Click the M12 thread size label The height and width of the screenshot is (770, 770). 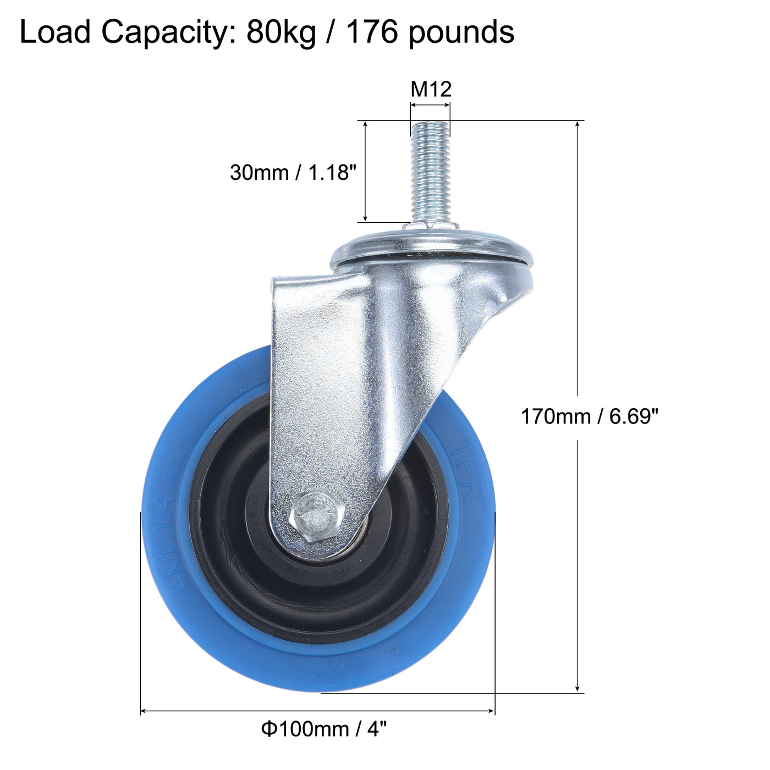(431, 89)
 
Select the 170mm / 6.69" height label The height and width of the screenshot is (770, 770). (589, 416)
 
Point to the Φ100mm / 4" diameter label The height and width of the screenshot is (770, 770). (324, 729)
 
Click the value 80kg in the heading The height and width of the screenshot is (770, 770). (281, 32)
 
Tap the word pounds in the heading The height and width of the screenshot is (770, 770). (461, 32)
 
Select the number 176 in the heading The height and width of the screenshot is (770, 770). (372, 32)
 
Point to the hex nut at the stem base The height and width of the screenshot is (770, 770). (431, 227)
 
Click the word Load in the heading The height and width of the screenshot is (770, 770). (55, 32)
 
